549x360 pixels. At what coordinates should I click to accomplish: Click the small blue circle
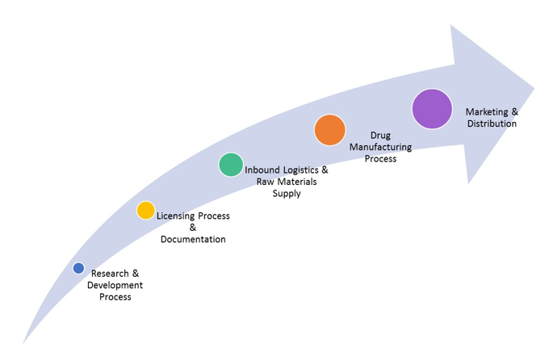pyautogui.click(x=78, y=268)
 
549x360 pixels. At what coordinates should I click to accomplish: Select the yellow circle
pyautogui.click(x=145, y=211)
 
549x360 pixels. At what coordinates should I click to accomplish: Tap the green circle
pyautogui.click(x=231, y=165)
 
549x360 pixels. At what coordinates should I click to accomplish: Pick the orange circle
pyautogui.click(x=329, y=130)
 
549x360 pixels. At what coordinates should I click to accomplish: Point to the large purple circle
pyautogui.click(x=432, y=109)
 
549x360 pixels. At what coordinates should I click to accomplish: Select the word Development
pyautogui.click(x=115, y=285)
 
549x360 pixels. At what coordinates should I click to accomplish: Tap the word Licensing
pyautogui.click(x=174, y=216)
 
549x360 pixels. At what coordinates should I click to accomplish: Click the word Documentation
pyautogui.click(x=193, y=240)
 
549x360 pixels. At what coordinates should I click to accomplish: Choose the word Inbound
pyautogui.click(x=263, y=170)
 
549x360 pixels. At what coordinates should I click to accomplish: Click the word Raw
pyautogui.click(x=266, y=182)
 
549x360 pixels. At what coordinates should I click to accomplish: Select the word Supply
pyautogui.click(x=287, y=193)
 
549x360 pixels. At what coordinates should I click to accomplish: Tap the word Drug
pyautogui.click(x=380, y=136)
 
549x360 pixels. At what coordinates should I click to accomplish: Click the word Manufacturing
pyautogui.click(x=380, y=147)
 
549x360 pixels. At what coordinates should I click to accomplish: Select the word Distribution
pyautogui.click(x=492, y=123)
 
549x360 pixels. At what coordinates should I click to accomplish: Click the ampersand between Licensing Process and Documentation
pyautogui.click(x=193, y=228)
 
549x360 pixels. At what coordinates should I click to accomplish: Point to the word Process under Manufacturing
pyautogui.click(x=380, y=159)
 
